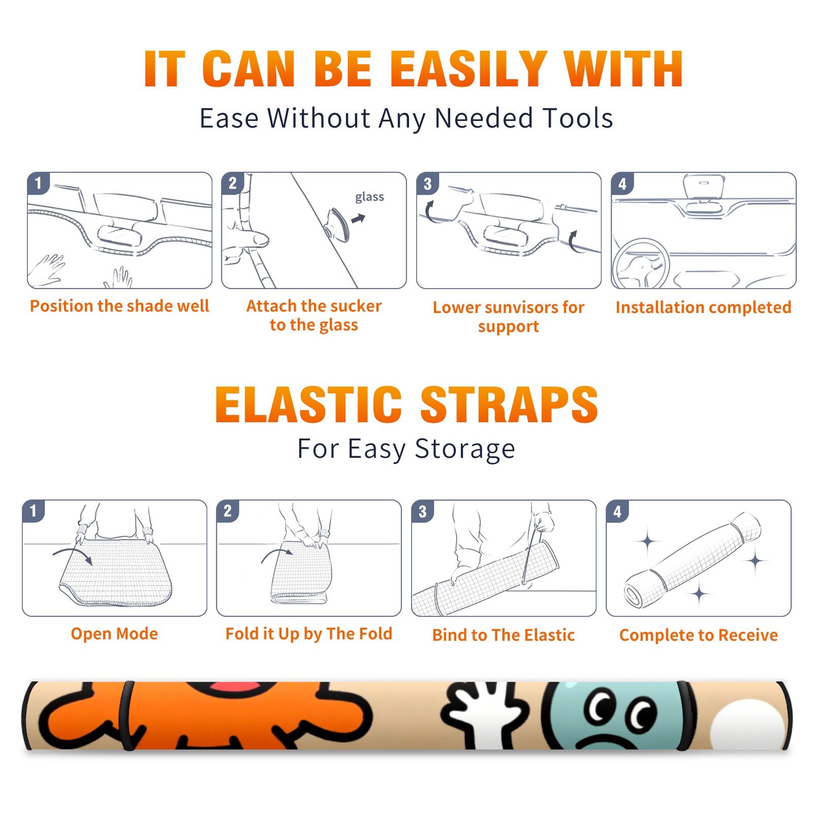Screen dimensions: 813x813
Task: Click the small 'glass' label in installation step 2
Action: (369, 197)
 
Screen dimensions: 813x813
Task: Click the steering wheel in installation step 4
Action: (641, 264)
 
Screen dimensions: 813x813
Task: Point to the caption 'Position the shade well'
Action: (119, 306)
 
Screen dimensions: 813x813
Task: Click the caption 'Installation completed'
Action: (703, 307)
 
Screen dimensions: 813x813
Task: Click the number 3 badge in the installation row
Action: (427, 183)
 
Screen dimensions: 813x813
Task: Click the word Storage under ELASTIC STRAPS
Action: (465, 449)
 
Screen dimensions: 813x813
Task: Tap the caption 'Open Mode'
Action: (114, 634)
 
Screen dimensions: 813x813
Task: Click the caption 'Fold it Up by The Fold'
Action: (309, 634)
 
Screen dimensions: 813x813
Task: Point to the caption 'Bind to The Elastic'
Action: (504, 635)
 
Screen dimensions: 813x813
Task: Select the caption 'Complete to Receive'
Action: (699, 635)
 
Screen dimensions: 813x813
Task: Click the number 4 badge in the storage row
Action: (617, 511)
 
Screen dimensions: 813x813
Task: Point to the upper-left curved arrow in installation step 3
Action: (430, 212)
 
